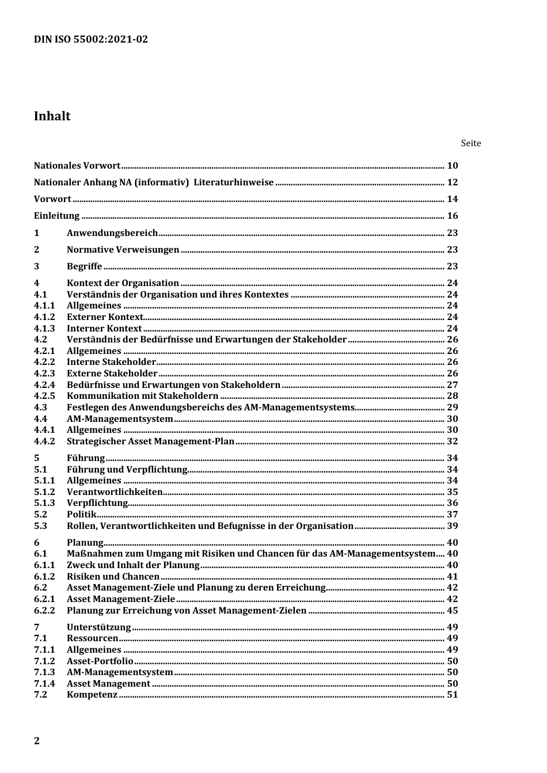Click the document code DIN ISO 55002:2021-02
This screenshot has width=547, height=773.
click(x=91, y=39)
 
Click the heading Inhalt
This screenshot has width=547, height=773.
click(x=52, y=116)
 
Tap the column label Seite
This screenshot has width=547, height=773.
click(x=470, y=143)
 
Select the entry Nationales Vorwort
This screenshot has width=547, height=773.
click(x=77, y=166)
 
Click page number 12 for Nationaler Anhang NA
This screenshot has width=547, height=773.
click(x=453, y=182)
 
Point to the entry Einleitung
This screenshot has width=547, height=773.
click(x=57, y=216)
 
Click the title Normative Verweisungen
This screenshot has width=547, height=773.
click(x=123, y=250)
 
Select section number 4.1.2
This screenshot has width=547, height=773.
click(x=44, y=317)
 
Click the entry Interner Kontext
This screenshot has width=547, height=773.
click(x=104, y=329)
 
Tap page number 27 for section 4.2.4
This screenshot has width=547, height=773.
click(x=453, y=385)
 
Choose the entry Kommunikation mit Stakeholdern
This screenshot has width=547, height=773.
click(x=143, y=396)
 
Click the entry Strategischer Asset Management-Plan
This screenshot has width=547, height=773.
click(x=151, y=441)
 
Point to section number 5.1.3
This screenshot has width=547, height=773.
click(x=44, y=503)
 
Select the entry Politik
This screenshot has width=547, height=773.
click(x=82, y=515)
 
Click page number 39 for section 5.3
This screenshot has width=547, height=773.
click(x=453, y=526)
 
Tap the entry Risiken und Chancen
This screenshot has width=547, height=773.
click(x=113, y=577)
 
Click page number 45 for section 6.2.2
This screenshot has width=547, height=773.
click(x=453, y=611)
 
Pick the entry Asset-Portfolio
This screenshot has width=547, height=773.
click(x=100, y=661)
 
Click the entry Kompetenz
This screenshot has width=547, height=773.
click(x=92, y=695)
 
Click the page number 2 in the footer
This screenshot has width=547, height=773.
click(x=37, y=741)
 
